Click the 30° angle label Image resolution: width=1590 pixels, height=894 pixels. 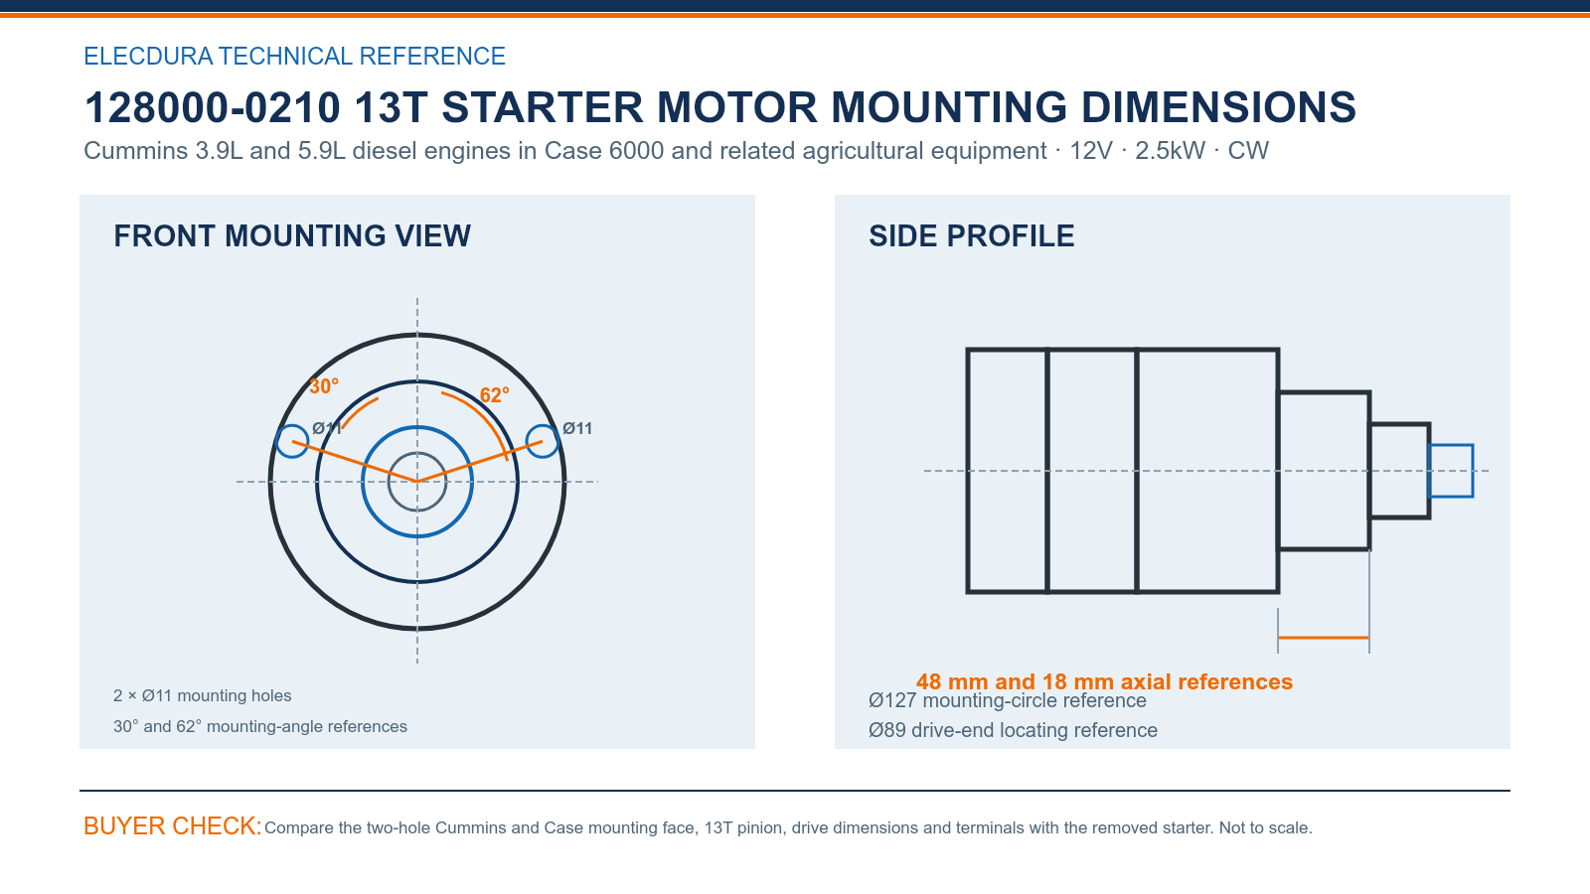(x=324, y=386)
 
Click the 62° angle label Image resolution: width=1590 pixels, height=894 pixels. (x=494, y=394)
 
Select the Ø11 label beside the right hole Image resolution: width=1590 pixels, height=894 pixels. (x=577, y=428)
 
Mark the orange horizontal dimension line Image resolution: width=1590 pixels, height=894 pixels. (x=1323, y=638)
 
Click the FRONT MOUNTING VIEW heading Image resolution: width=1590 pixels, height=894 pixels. (x=292, y=236)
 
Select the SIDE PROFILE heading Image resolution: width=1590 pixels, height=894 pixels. (x=971, y=236)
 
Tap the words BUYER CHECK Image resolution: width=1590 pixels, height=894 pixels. (x=173, y=825)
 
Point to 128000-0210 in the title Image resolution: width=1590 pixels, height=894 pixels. (x=213, y=108)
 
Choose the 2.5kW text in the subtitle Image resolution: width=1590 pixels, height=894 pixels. (x=1170, y=151)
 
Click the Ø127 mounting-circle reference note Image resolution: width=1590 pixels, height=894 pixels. (x=1008, y=701)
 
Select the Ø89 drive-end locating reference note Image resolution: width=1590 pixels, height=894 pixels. (x=1013, y=730)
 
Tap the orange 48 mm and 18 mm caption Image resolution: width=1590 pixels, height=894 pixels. (x=1104, y=681)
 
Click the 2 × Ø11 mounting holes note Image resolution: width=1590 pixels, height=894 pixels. (x=203, y=695)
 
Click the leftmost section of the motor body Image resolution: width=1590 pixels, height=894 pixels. (x=1008, y=471)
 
